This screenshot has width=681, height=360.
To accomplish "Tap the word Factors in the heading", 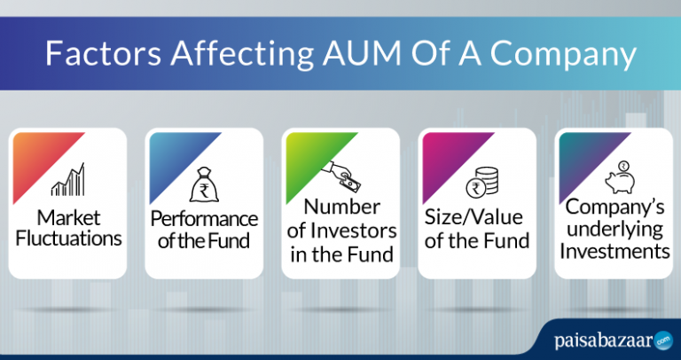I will coord(105,56).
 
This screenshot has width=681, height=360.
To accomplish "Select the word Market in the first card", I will coord(68,218).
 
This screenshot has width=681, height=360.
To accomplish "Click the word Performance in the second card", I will coord(204,218).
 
